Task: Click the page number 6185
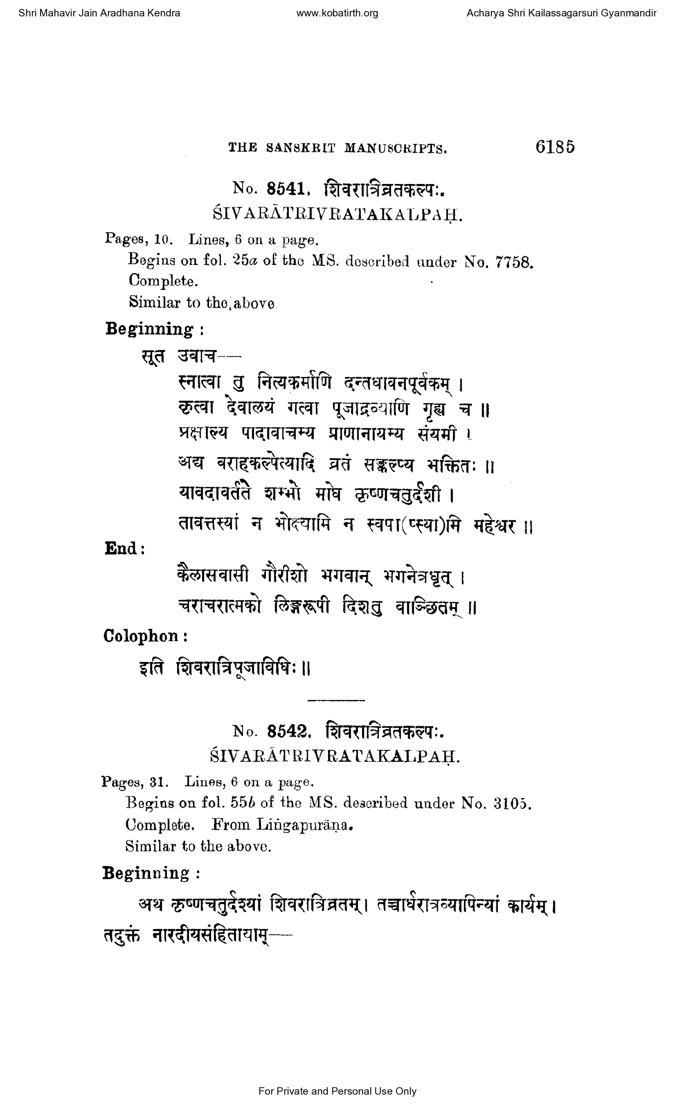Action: point(555,147)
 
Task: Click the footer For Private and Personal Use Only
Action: point(337,1091)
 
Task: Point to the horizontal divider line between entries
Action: point(336,700)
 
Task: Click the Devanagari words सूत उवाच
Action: point(178,357)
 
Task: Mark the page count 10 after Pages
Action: point(161,240)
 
